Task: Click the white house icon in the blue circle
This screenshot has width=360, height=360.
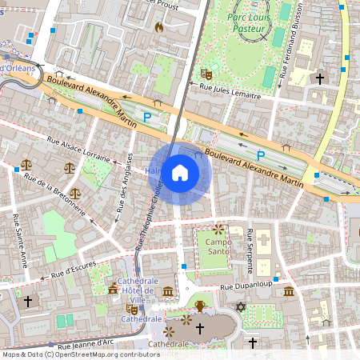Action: (x=180, y=173)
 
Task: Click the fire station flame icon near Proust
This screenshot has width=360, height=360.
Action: (x=158, y=26)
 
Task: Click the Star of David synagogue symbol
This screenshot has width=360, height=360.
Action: (x=238, y=307)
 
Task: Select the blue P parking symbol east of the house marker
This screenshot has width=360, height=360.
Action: (x=260, y=154)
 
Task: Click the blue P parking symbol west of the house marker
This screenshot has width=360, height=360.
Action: (x=146, y=118)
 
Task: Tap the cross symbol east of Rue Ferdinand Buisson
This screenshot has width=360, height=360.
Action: (x=320, y=78)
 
